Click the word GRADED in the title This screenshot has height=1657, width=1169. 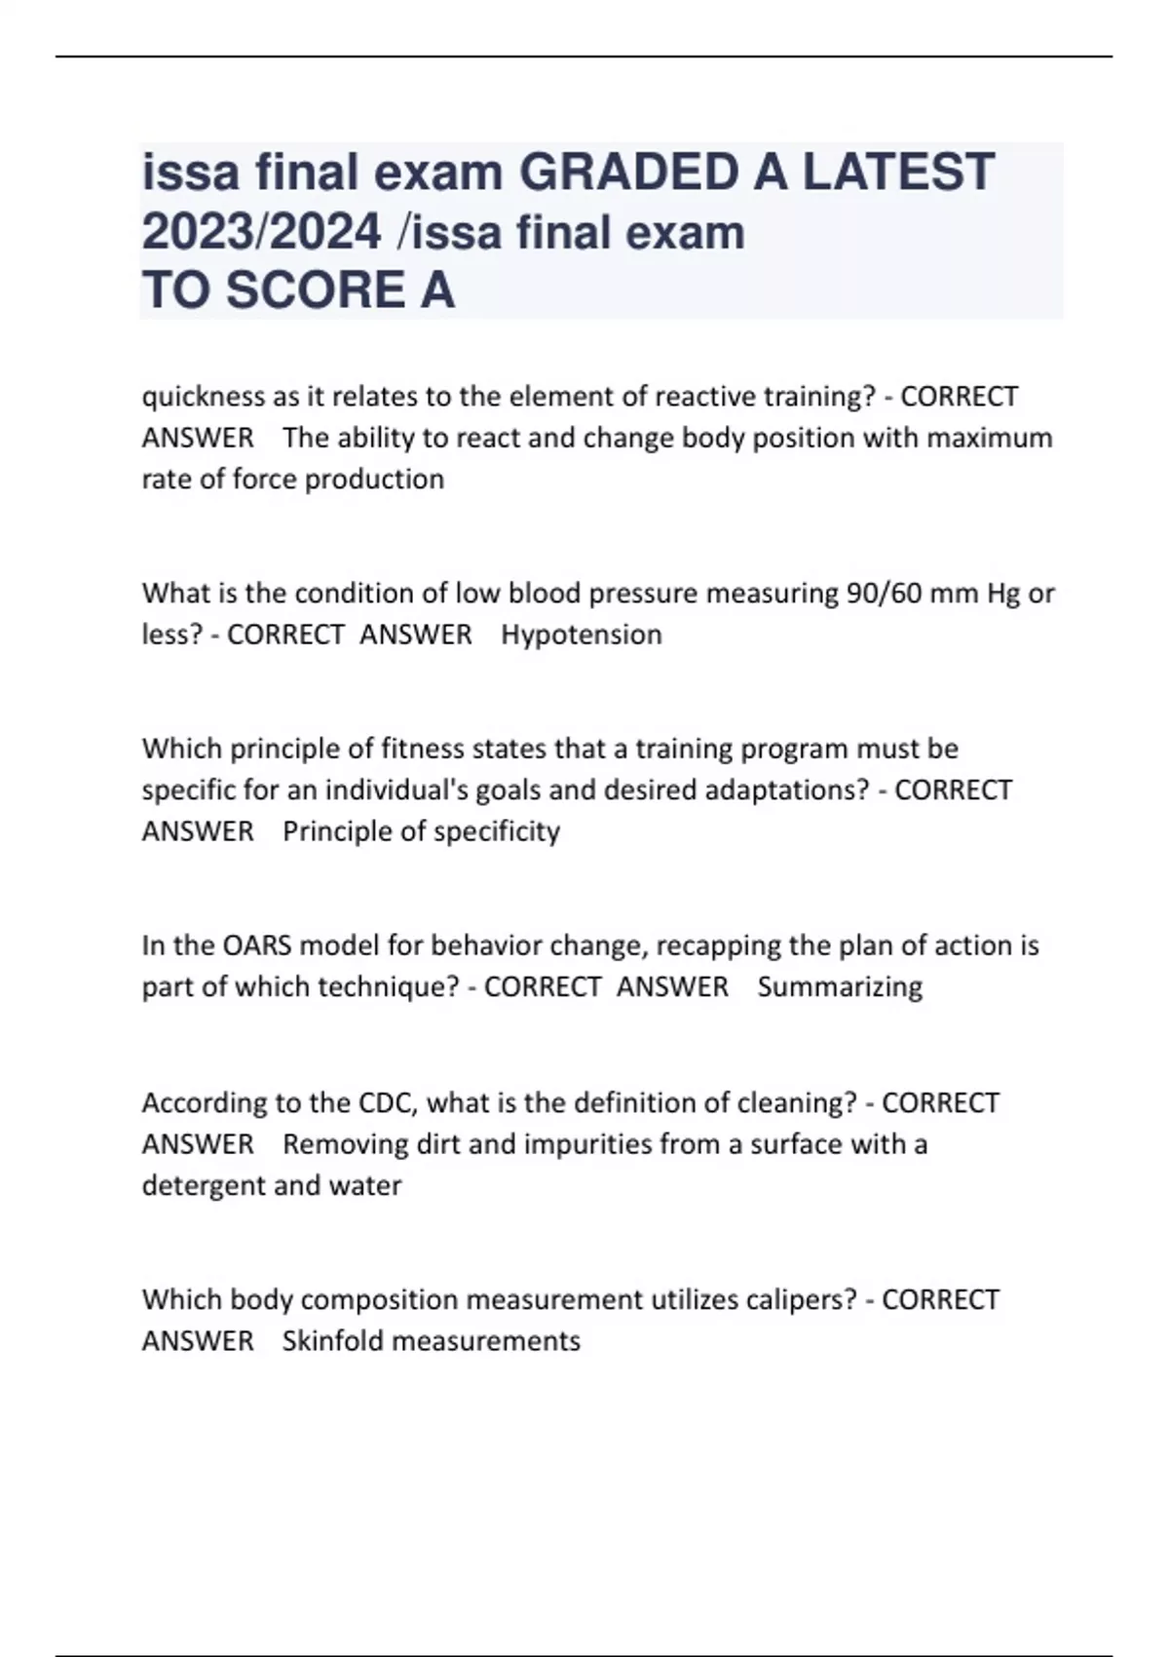coord(627,173)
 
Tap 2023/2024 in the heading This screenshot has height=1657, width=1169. coord(261,232)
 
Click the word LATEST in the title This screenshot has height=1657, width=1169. coord(898,173)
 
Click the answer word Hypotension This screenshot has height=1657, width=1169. coord(582,635)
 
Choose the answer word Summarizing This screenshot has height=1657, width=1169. coord(840,986)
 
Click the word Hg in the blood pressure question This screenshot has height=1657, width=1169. coord(1003,594)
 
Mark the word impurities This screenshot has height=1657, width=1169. coord(587,1143)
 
